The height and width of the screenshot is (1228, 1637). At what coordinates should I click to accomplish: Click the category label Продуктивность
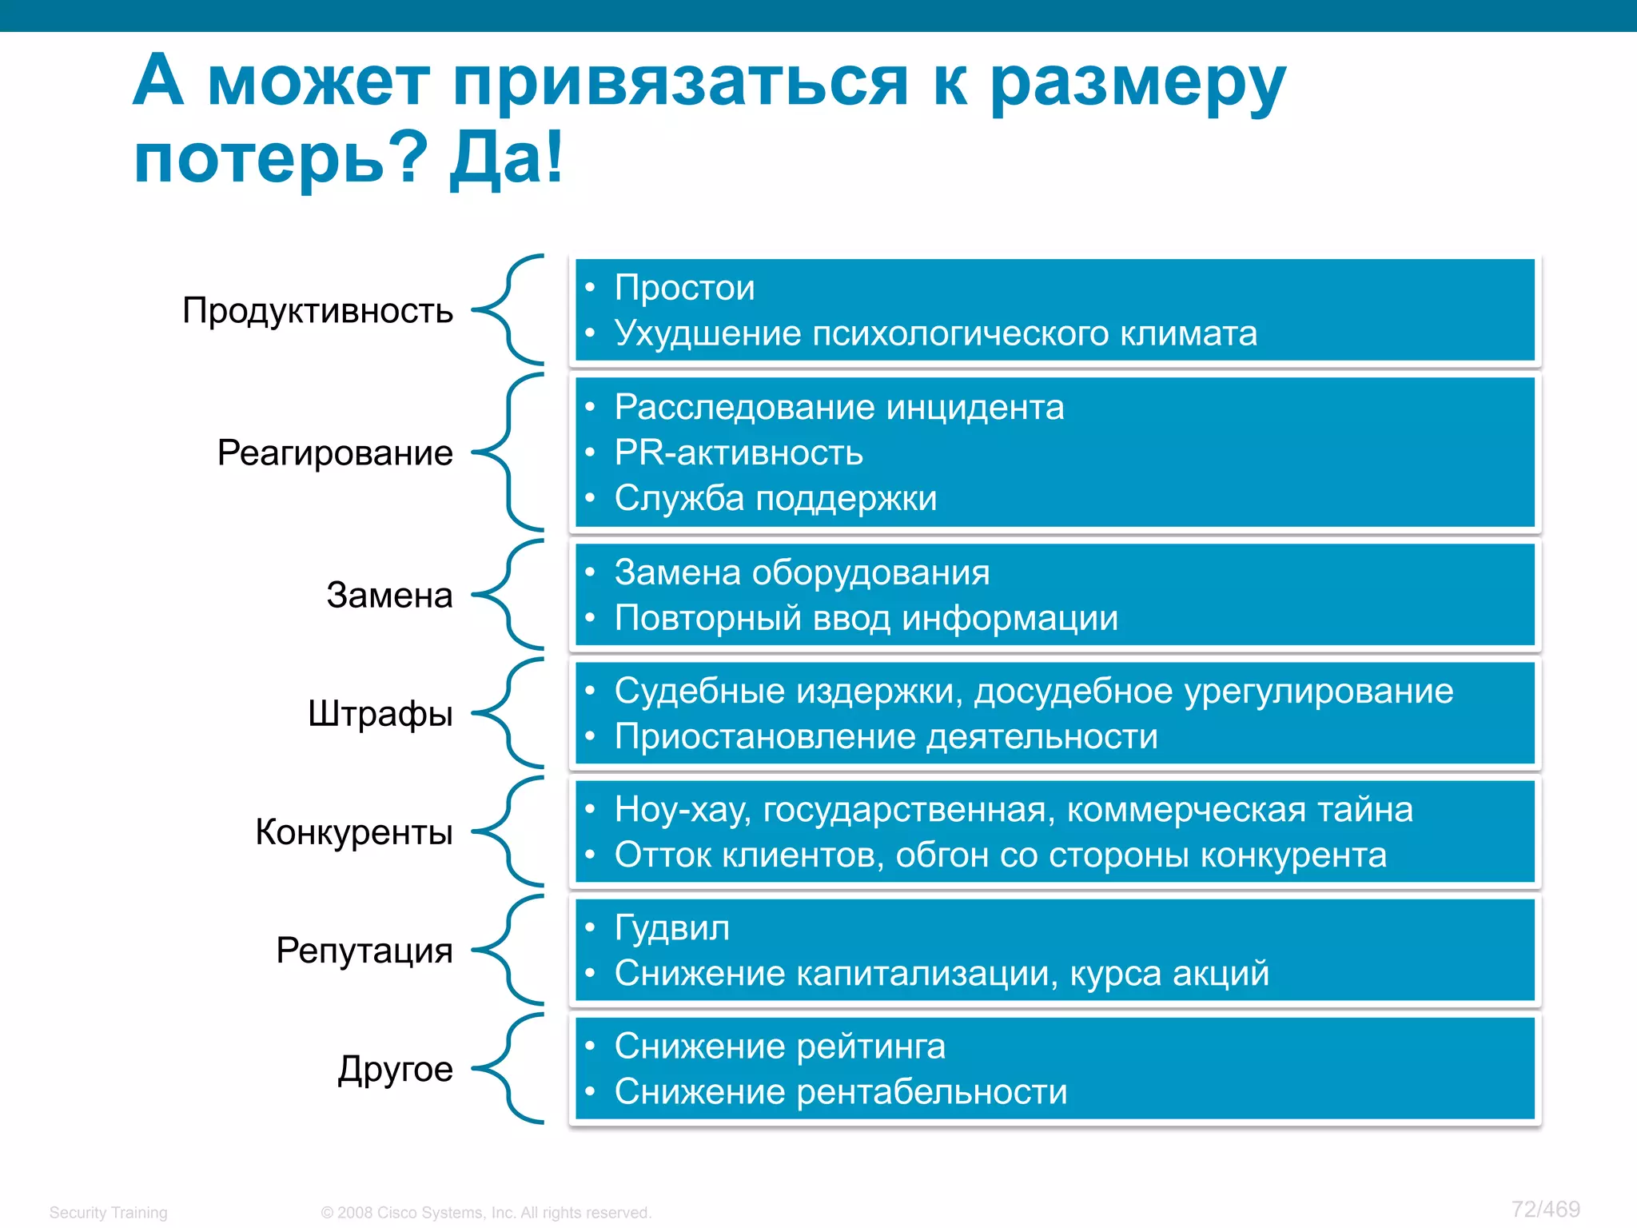[x=317, y=310]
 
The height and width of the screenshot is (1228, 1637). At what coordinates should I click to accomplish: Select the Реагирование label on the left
[x=335, y=453]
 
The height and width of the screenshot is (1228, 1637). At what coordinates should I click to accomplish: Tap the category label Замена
[x=389, y=595]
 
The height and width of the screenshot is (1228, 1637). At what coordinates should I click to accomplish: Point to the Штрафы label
[x=380, y=713]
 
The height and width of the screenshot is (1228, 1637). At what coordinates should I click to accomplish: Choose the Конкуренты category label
[x=354, y=831]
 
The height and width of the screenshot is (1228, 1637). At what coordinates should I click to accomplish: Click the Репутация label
[x=364, y=950]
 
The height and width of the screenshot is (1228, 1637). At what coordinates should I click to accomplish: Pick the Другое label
[x=395, y=1069]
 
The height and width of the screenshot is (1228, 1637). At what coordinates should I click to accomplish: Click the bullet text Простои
[x=684, y=288]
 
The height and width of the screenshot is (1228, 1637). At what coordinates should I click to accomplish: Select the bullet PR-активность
[x=739, y=453]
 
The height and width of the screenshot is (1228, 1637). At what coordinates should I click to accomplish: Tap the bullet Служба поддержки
[x=775, y=498]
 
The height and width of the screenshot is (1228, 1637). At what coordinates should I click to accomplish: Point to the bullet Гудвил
[x=671, y=927]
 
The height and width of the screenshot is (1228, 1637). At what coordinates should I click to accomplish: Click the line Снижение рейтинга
[x=779, y=1046]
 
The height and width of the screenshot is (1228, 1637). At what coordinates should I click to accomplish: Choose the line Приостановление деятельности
[x=886, y=736]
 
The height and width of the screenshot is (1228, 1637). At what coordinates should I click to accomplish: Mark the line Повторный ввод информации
[x=866, y=618]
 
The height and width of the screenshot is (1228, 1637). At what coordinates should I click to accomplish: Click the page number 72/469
[x=1545, y=1209]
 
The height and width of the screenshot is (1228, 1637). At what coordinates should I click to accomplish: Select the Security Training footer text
[x=109, y=1213]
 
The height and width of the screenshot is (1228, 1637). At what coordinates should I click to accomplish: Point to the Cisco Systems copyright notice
[x=486, y=1213]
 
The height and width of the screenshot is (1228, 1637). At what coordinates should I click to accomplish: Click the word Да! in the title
[x=507, y=157]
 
